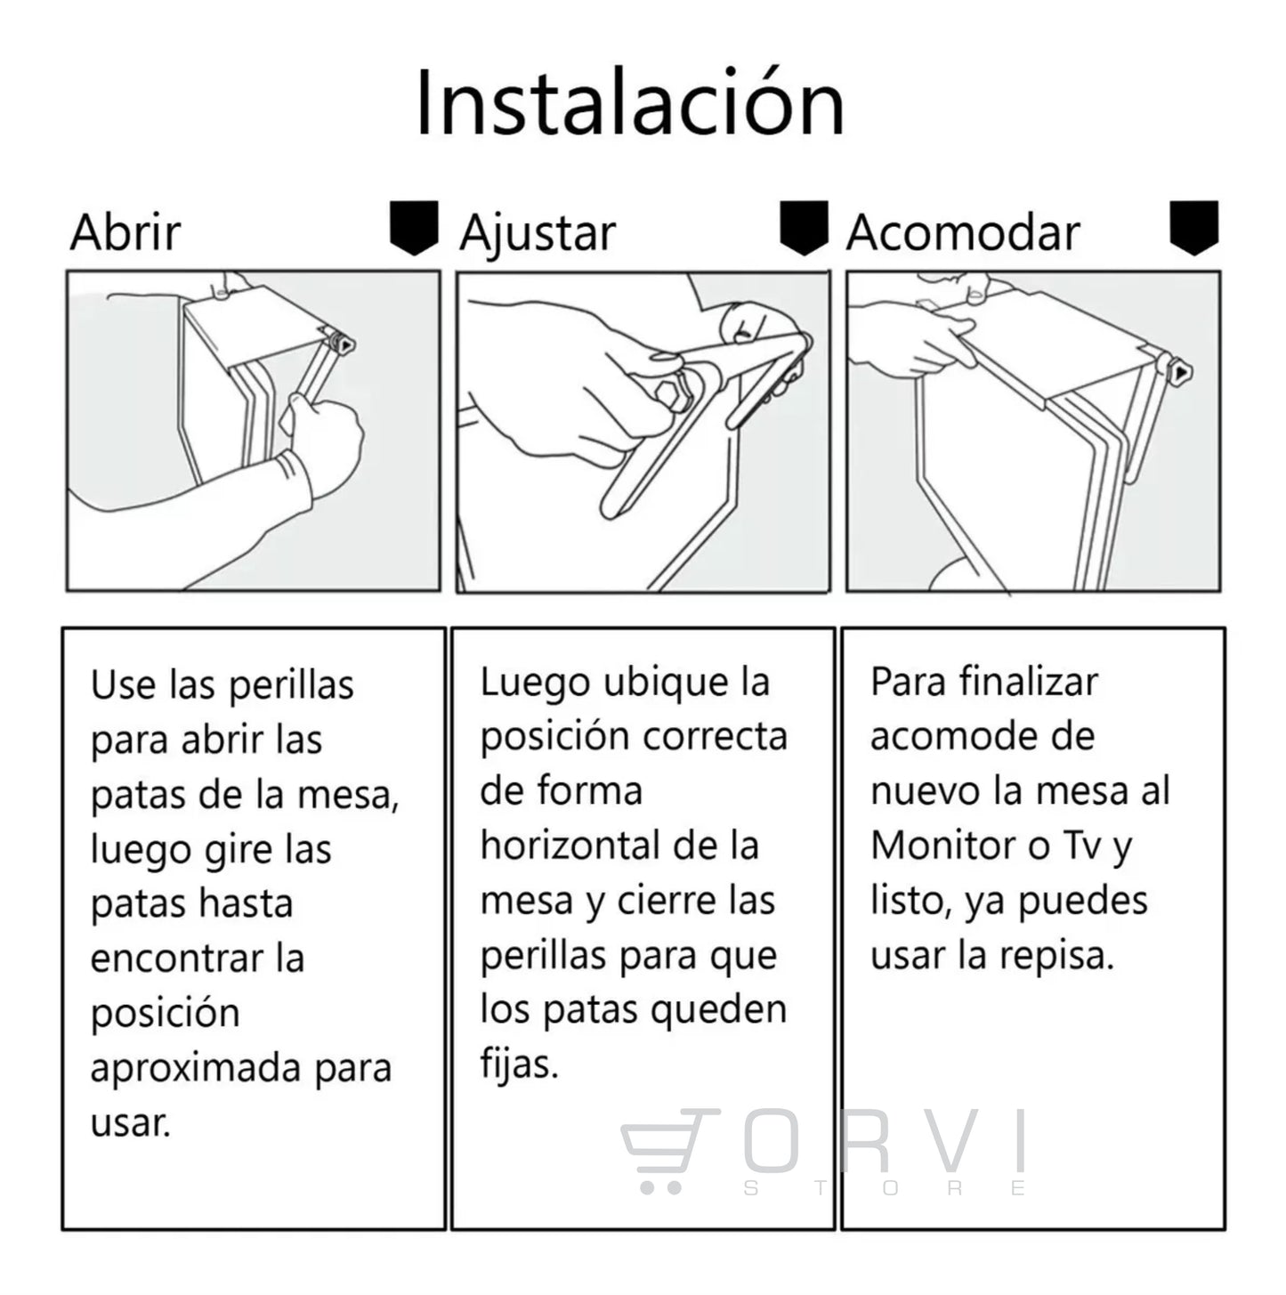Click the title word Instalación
point(630,102)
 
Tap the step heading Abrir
point(125,232)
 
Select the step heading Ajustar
point(538,235)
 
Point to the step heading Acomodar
point(963,232)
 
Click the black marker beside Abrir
point(414,227)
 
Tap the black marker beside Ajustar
point(804,227)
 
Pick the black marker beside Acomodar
point(1194,227)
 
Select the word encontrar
point(177,959)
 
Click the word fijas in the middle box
point(518,1064)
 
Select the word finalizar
point(1029,682)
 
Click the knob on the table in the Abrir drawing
point(344,344)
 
